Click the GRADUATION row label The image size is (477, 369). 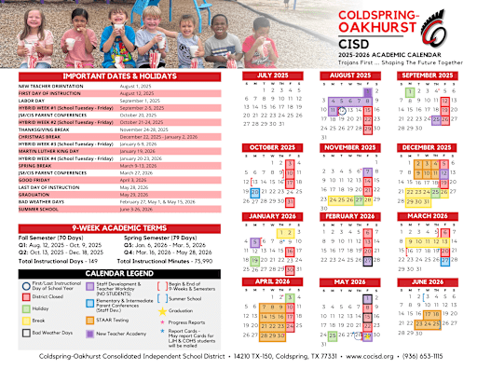tap(36, 168)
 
